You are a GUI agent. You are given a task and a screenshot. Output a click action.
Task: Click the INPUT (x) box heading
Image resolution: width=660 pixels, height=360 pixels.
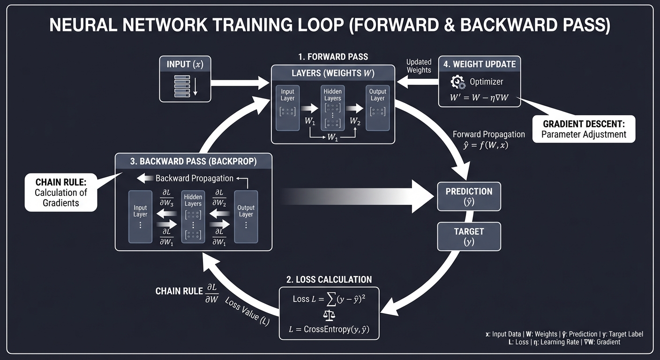point(185,64)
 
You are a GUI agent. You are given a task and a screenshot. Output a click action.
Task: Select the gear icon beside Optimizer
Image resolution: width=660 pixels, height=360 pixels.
point(457,82)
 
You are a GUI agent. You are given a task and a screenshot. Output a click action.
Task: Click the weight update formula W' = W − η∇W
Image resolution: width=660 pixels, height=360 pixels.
point(479,98)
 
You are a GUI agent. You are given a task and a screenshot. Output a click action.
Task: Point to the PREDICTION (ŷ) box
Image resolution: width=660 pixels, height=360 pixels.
point(469,196)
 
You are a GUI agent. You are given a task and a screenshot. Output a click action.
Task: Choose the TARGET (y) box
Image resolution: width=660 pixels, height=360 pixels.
point(469,236)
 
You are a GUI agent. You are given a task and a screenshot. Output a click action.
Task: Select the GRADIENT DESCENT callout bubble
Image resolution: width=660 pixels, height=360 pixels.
point(584,129)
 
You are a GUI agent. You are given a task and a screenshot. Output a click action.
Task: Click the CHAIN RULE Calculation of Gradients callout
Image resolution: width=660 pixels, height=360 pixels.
point(61,192)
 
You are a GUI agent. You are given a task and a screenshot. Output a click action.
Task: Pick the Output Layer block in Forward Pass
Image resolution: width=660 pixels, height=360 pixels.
point(377,107)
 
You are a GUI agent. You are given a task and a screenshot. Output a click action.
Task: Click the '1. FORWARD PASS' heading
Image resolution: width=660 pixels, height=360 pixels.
point(333,57)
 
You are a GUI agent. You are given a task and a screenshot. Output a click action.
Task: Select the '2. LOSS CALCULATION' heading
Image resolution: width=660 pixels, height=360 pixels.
point(329,279)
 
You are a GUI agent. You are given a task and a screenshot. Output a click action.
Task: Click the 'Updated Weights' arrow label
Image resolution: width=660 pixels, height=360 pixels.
point(419,66)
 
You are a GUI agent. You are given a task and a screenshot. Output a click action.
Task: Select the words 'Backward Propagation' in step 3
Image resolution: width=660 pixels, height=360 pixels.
point(194,178)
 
